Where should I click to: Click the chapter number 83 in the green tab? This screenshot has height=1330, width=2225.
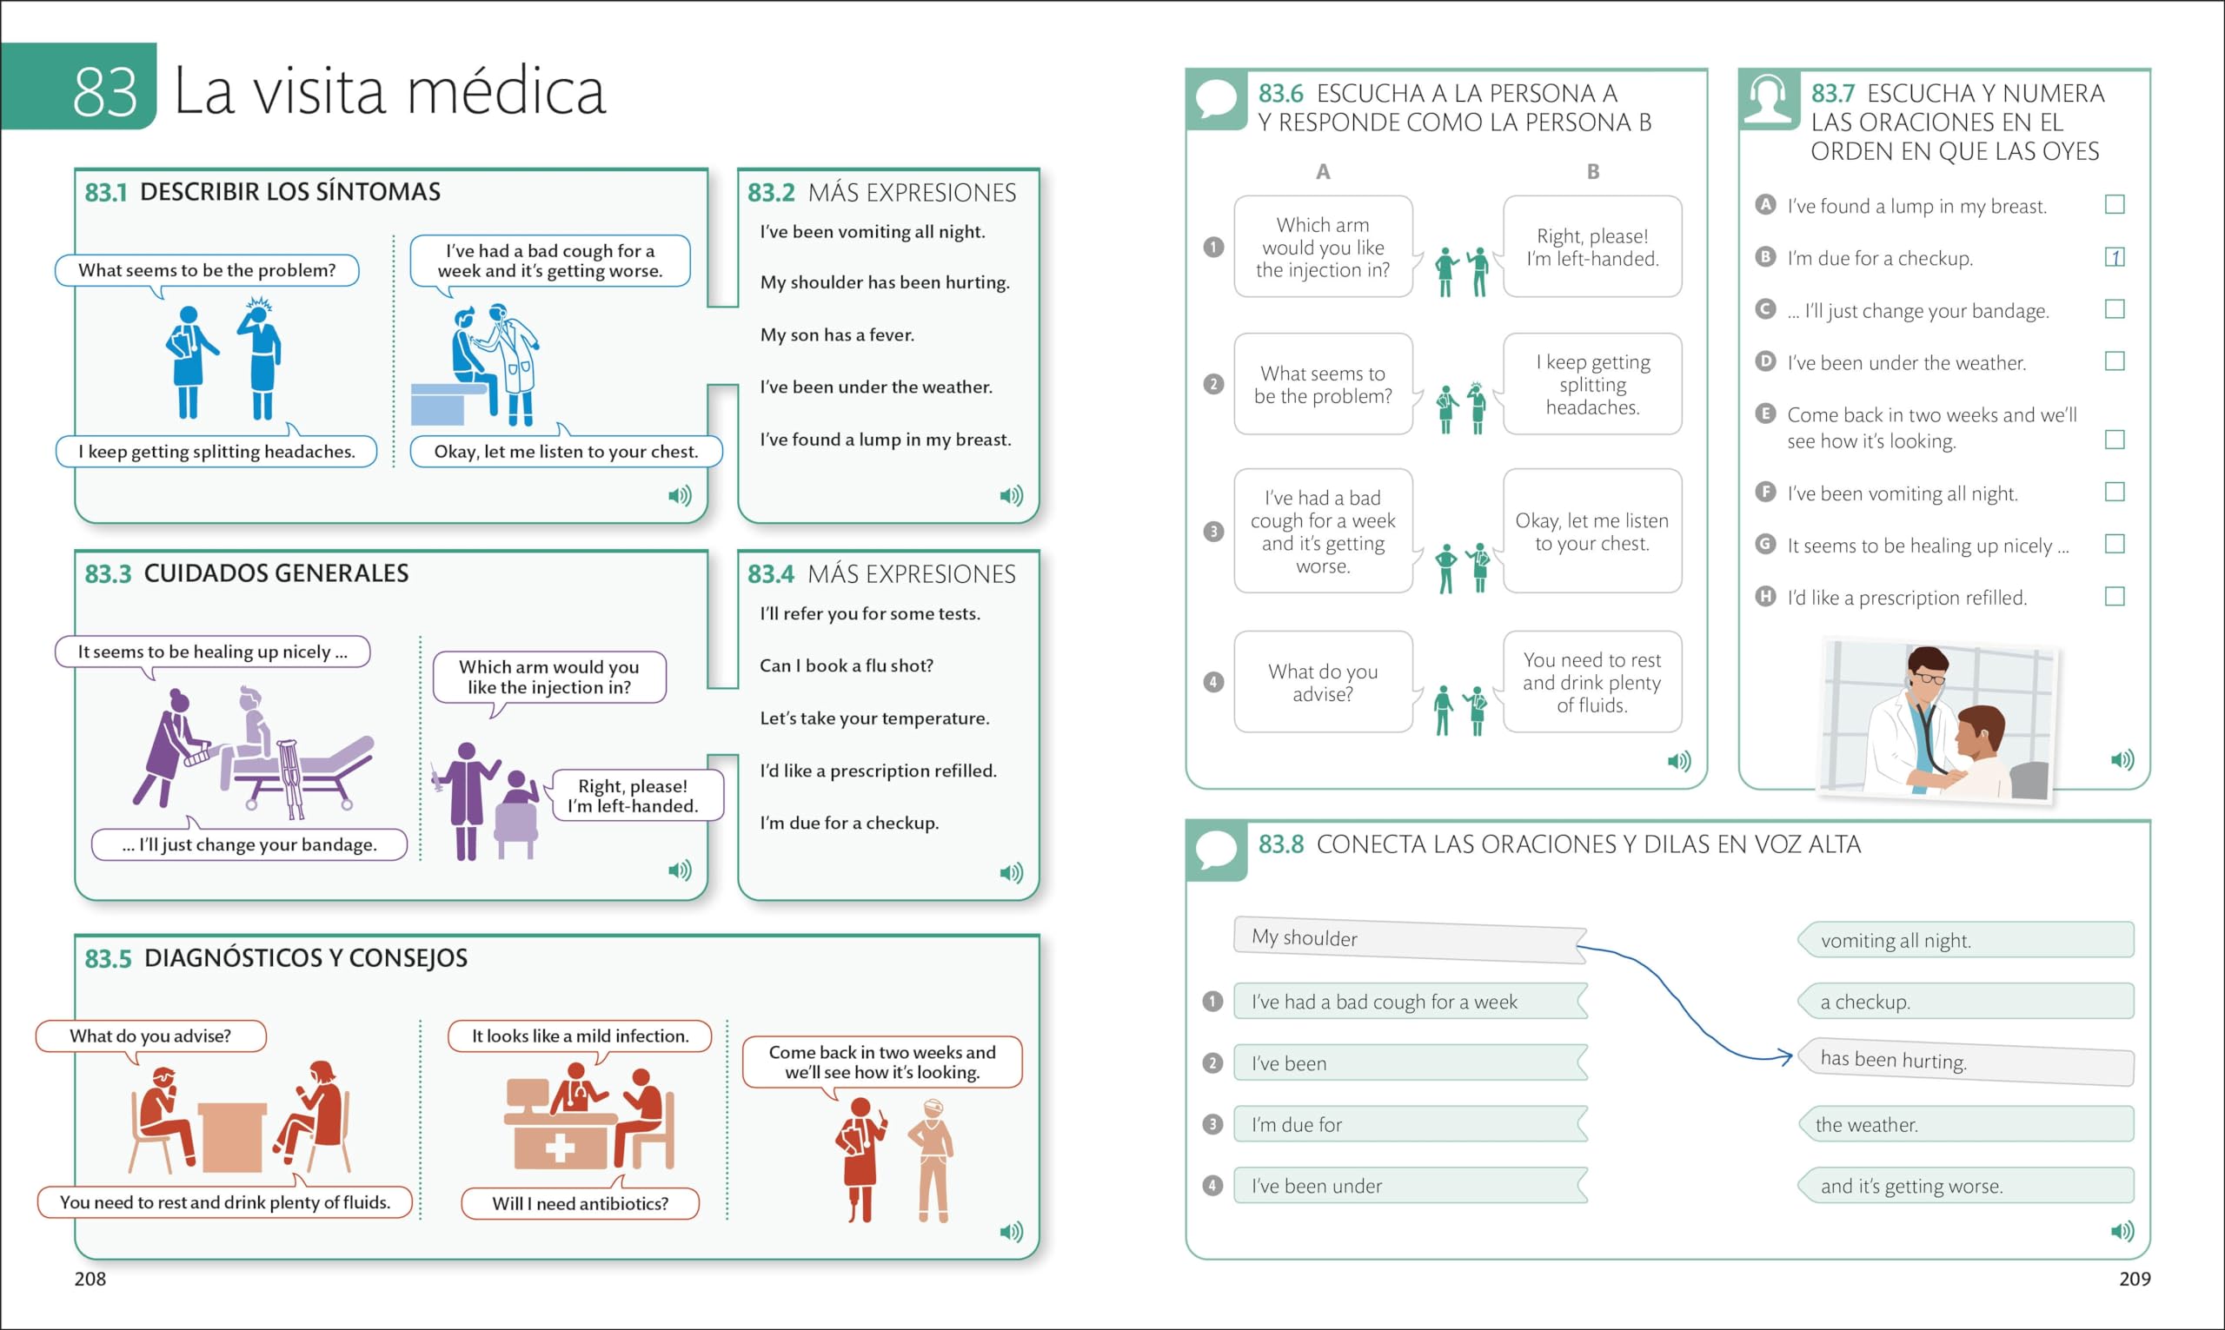(105, 91)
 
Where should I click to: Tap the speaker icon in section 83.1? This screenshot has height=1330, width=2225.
(681, 496)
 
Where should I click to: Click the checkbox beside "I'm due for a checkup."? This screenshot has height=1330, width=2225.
(2115, 257)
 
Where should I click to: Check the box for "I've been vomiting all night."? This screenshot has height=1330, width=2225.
(2115, 492)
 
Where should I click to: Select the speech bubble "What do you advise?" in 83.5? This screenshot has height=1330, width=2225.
(150, 1036)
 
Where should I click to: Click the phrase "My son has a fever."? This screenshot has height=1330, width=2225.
(837, 335)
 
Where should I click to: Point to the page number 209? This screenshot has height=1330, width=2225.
(2135, 1279)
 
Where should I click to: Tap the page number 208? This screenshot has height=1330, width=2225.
(90, 1279)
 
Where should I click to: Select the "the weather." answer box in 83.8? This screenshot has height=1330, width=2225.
(1966, 1125)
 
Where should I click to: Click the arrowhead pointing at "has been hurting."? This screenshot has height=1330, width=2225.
(1785, 1057)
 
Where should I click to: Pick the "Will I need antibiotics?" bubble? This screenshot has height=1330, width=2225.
(580, 1204)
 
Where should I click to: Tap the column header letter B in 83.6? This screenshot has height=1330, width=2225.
(1593, 171)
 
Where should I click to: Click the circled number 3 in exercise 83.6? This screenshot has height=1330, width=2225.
(1214, 532)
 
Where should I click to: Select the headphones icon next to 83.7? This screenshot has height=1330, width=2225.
(1768, 98)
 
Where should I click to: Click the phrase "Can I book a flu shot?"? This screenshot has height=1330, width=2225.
(847, 666)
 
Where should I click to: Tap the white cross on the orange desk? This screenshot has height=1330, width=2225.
(559, 1148)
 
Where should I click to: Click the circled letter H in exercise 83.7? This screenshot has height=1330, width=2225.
(1765, 597)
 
